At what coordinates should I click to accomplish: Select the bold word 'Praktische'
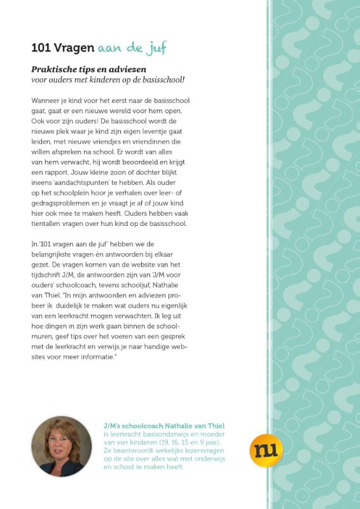pyautogui.click(x=54, y=69)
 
